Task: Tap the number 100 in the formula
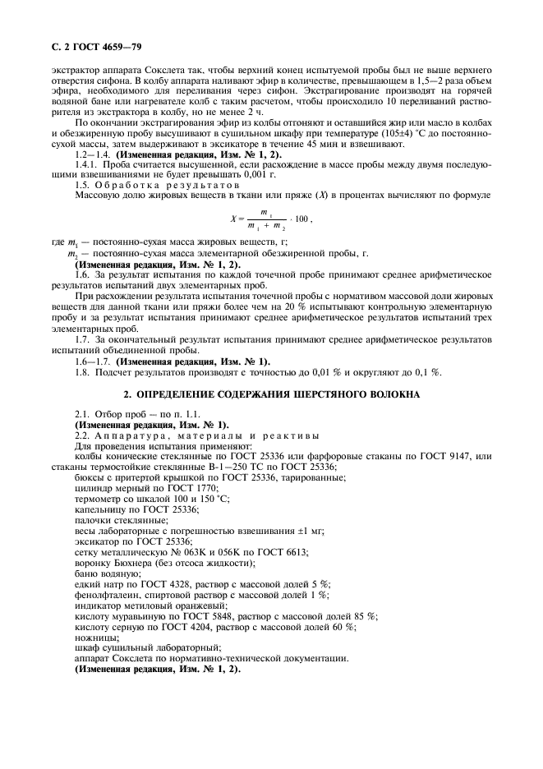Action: tap(301, 219)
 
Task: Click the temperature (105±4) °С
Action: tap(415, 135)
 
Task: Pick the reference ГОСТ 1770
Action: tap(182, 487)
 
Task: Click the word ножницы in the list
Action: tap(95, 637)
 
